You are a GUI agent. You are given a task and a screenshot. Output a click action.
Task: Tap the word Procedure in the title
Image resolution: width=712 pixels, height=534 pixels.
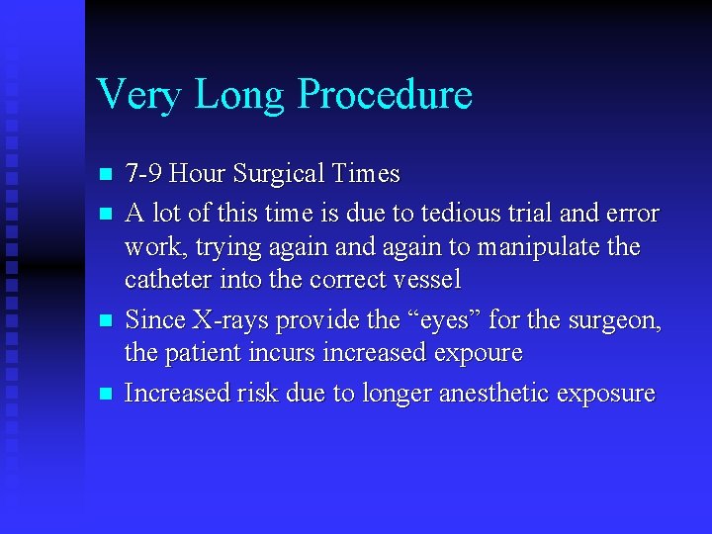[385, 95]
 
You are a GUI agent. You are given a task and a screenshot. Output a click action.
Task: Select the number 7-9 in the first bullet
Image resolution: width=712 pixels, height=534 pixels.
[144, 174]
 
